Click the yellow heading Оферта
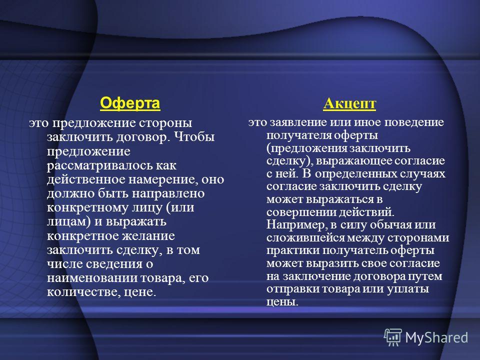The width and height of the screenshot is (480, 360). tap(130, 103)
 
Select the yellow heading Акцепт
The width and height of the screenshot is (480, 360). tap(349, 103)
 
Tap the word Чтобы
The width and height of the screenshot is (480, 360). tap(194, 136)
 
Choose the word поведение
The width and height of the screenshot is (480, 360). tap(414, 122)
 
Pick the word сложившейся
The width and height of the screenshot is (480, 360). tap(305, 238)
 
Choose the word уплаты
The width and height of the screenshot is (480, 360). tap(408, 289)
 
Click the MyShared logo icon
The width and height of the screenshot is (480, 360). tap(393, 337)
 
